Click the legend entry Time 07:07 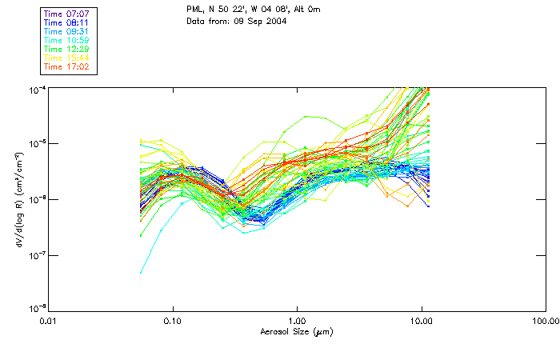click(66, 14)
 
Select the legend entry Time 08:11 click(66, 22)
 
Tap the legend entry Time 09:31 click(66, 31)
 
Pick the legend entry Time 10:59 click(66, 40)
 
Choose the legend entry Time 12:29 click(66, 49)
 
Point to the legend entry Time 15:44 click(66, 58)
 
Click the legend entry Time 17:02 click(66, 66)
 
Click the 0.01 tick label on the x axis click(49, 321)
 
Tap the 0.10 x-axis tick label click(173, 321)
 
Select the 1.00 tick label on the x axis click(297, 321)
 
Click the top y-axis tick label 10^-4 click(38, 89)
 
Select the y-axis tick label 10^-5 click(38, 144)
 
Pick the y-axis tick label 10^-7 click(38, 254)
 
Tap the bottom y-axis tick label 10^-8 click(38, 309)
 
